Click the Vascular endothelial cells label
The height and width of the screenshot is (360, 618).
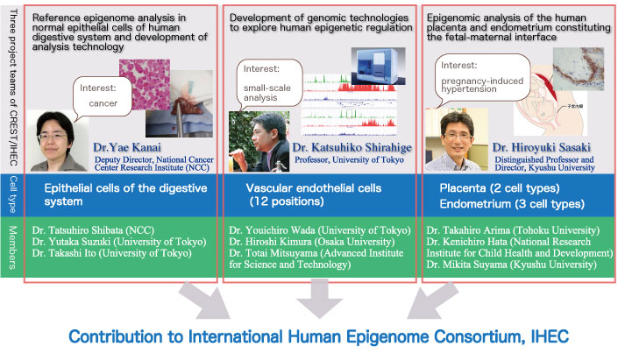(314, 187)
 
